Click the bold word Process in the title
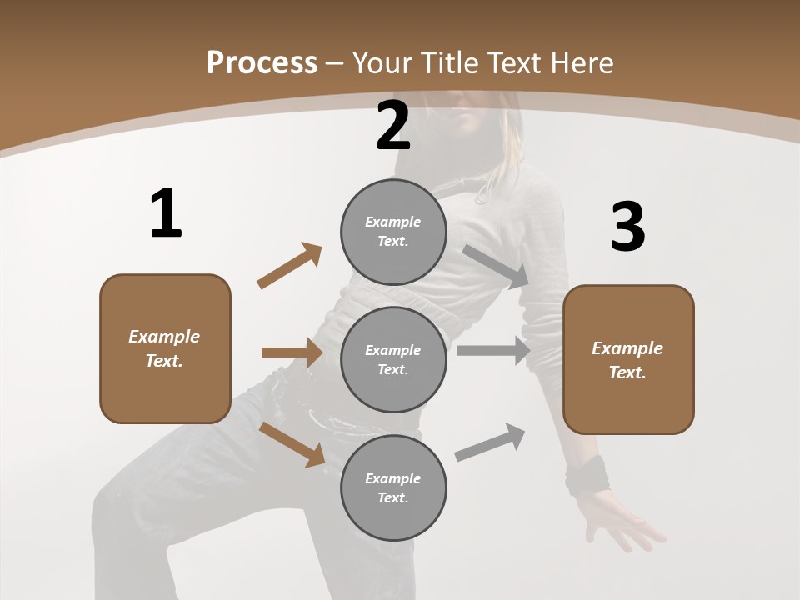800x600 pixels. tap(262, 63)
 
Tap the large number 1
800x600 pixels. tap(166, 214)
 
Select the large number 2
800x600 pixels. tap(393, 126)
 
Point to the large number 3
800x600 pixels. tap(627, 227)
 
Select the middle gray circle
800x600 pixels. tap(393, 359)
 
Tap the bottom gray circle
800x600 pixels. tap(393, 487)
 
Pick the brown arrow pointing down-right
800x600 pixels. tap(292, 443)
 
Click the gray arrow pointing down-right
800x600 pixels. tap(496, 266)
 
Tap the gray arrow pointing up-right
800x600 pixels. tap(490, 442)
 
